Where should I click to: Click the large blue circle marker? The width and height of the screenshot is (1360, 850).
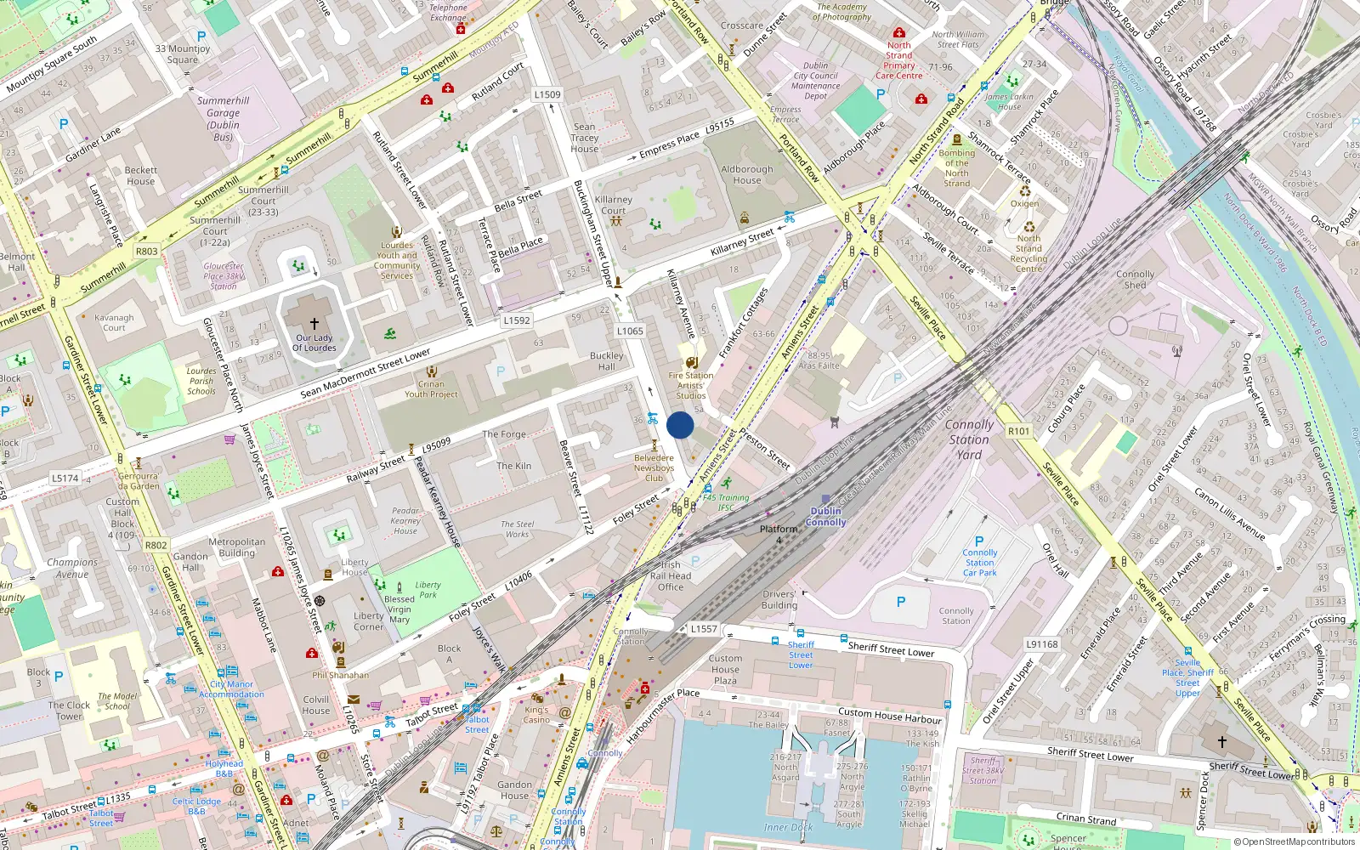680,425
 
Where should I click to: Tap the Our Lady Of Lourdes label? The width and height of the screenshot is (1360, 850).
314,343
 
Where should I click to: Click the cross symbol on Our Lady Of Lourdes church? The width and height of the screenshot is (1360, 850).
314,323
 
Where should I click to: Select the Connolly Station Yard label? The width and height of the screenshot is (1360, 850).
969,439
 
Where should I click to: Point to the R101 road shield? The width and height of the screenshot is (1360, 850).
1018,431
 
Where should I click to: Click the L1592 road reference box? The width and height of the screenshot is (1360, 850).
516,320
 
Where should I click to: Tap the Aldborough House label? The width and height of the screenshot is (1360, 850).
747,174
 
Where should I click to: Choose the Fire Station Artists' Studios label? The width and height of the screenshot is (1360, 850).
691,385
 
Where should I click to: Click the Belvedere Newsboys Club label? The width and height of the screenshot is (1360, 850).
654,467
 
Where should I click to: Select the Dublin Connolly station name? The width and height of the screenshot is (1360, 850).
826,517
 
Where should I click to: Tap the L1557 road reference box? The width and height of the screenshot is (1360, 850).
704,629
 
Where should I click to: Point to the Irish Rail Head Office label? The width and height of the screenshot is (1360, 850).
671,575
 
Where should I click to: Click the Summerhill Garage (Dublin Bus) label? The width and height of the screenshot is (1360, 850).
224,118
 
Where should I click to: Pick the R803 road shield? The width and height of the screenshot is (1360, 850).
147,252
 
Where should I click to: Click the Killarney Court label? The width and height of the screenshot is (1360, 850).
614,205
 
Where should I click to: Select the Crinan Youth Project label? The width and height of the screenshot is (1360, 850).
431,388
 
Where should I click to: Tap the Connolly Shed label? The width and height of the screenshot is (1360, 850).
1136,280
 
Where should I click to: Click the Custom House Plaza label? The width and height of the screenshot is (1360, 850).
725,669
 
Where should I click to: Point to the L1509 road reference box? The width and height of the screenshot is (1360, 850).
547,94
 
